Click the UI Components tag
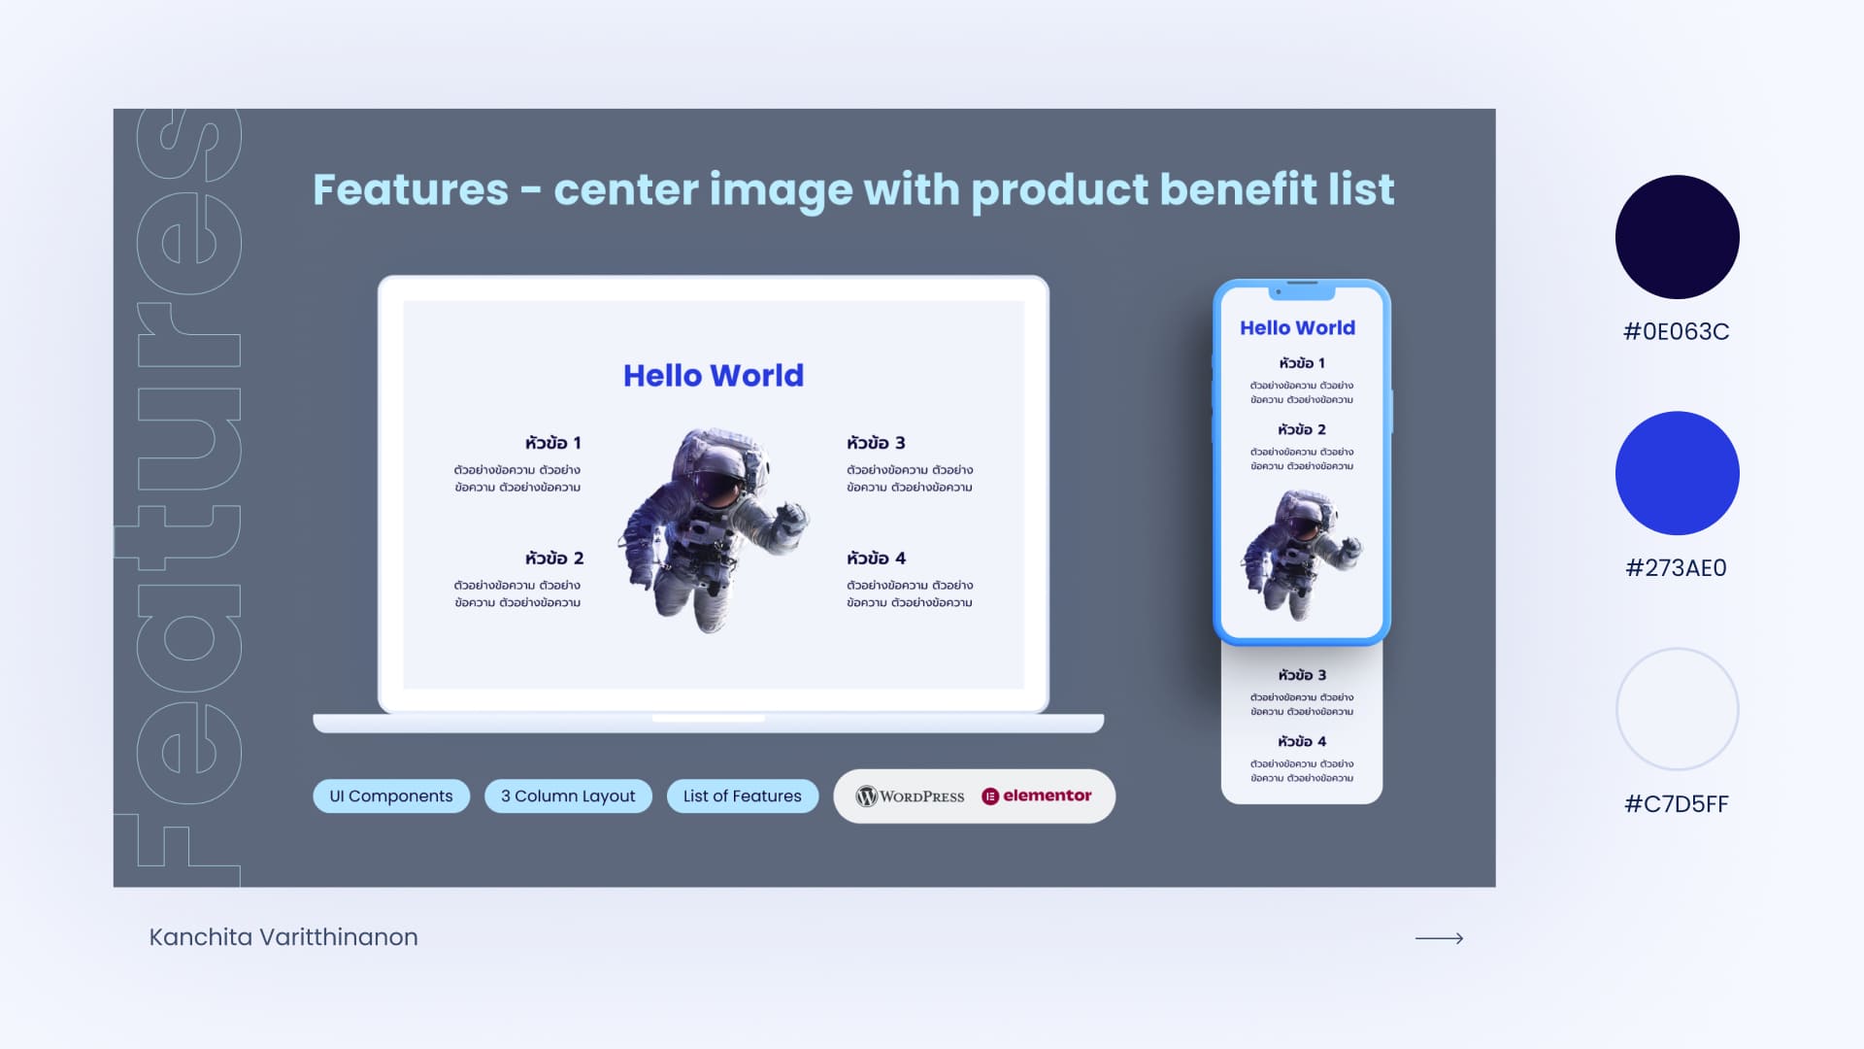(x=391, y=795)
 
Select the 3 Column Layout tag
(x=568, y=795)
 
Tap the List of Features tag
(x=743, y=795)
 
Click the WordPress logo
(x=910, y=796)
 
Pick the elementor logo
(x=1037, y=795)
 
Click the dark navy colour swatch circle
(x=1677, y=237)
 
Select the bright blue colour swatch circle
(x=1677, y=473)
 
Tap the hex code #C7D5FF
(x=1677, y=804)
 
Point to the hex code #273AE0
(x=1677, y=568)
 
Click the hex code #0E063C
(x=1677, y=332)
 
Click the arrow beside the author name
(x=1439, y=938)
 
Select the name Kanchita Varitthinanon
(x=283, y=937)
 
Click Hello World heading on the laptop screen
(x=714, y=376)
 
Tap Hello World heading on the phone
(x=1298, y=328)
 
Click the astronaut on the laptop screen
(x=714, y=530)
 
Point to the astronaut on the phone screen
(x=1301, y=554)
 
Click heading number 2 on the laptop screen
(x=554, y=558)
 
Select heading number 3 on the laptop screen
(x=876, y=443)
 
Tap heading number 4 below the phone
(x=1302, y=741)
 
